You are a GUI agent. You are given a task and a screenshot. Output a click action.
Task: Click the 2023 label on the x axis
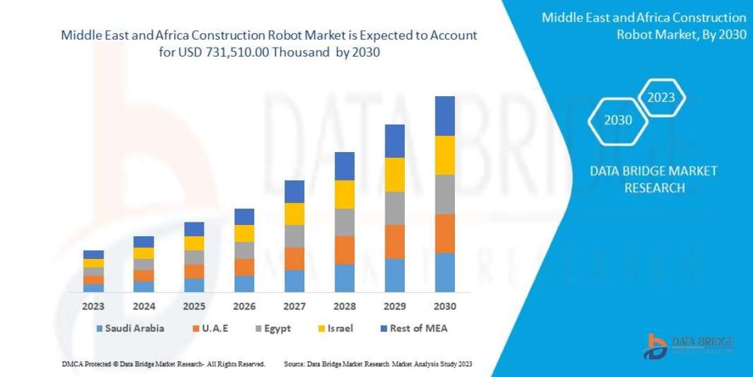pos(93,307)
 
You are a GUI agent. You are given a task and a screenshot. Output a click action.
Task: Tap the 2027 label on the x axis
pos(294,307)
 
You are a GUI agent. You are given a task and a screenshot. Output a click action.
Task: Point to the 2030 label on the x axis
pos(444,307)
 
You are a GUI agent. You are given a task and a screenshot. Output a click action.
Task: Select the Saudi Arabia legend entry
pos(131,328)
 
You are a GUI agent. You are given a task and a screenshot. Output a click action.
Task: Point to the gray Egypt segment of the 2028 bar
pos(344,222)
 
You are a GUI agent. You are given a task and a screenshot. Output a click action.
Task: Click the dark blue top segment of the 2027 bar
pos(294,191)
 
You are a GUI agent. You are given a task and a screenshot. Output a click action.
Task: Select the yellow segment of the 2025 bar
pos(194,243)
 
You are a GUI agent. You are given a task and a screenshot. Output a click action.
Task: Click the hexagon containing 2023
pos(661,97)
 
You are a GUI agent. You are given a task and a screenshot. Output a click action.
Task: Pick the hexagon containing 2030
pos(618,120)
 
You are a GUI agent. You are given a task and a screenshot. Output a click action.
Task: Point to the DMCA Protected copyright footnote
pos(163,364)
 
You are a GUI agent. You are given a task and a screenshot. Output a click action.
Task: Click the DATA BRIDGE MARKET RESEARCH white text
pos(654,179)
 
